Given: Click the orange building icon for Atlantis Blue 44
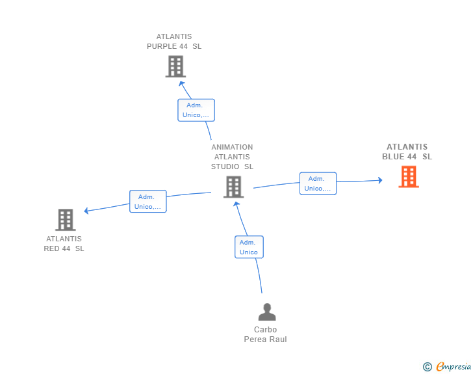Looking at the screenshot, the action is coord(409,177).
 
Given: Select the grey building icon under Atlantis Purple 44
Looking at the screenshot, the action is coord(175,66).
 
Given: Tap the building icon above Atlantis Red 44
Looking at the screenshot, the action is coord(66,220).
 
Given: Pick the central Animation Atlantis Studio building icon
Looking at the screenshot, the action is coord(233,187).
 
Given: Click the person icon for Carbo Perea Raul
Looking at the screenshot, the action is coord(267,312).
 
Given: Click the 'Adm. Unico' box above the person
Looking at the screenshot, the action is coord(249,247).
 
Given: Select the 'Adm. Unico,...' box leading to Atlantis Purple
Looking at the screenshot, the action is coord(196,110).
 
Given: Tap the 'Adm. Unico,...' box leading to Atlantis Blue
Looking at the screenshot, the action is coord(318,183).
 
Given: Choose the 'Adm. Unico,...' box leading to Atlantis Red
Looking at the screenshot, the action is coord(148,202).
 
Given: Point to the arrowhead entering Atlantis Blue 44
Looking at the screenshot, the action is coord(380,180).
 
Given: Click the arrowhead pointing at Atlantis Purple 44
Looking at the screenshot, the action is coord(182,84).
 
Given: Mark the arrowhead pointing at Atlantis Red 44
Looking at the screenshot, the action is coord(86,211).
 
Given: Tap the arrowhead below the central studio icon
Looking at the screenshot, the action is coord(236,204).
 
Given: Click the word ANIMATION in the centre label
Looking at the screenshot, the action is coord(232,147).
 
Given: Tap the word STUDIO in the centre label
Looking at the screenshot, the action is coord(225,167).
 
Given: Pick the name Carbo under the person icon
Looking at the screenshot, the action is coord(265,330).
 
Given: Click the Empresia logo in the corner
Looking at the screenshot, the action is coord(447,366).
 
